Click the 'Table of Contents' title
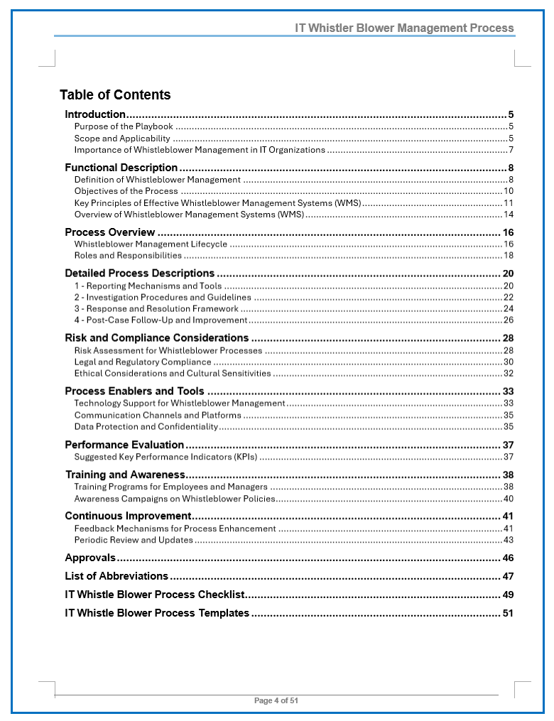pos(115,95)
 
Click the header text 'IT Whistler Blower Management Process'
pos(404,28)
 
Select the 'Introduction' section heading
pos(95,114)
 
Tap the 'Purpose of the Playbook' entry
pos(124,126)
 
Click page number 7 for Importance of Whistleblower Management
pos(511,150)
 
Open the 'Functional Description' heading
pos(121,168)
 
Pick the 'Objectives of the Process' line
pos(126,191)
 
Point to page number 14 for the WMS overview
pos(509,215)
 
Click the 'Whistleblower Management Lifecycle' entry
pos(151,244)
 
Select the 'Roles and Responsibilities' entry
pos(128,256)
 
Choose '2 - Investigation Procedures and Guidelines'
pos(163,298)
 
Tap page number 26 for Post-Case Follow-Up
pos(509,320)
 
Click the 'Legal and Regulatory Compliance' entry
pos(143,362)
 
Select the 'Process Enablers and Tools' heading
pos(134,391)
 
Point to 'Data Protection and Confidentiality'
pos(146,427)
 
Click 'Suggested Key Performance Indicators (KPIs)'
pos(165,457)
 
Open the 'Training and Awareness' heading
pos(125,475)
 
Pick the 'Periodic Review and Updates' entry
pos(134,540)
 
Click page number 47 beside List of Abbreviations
pos(508,576)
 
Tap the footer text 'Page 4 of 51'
pos(276,700)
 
